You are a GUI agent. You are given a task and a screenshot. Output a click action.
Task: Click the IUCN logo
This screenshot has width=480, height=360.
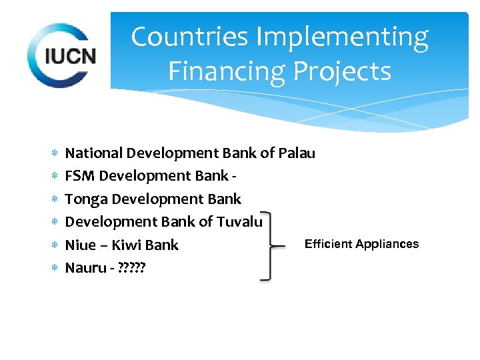pos(62,55)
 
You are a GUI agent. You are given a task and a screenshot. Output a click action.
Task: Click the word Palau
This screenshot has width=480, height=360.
pos(297,153)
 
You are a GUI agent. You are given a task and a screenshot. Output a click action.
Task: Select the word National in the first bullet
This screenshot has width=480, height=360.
pos(94,153)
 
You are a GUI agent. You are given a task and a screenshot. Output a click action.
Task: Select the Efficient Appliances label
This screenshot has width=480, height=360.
pos(361,244)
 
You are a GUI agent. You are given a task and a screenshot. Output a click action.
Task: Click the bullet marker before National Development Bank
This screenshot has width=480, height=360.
pos(54,153)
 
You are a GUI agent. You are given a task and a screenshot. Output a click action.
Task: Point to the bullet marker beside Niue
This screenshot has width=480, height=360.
pos(54,245)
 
